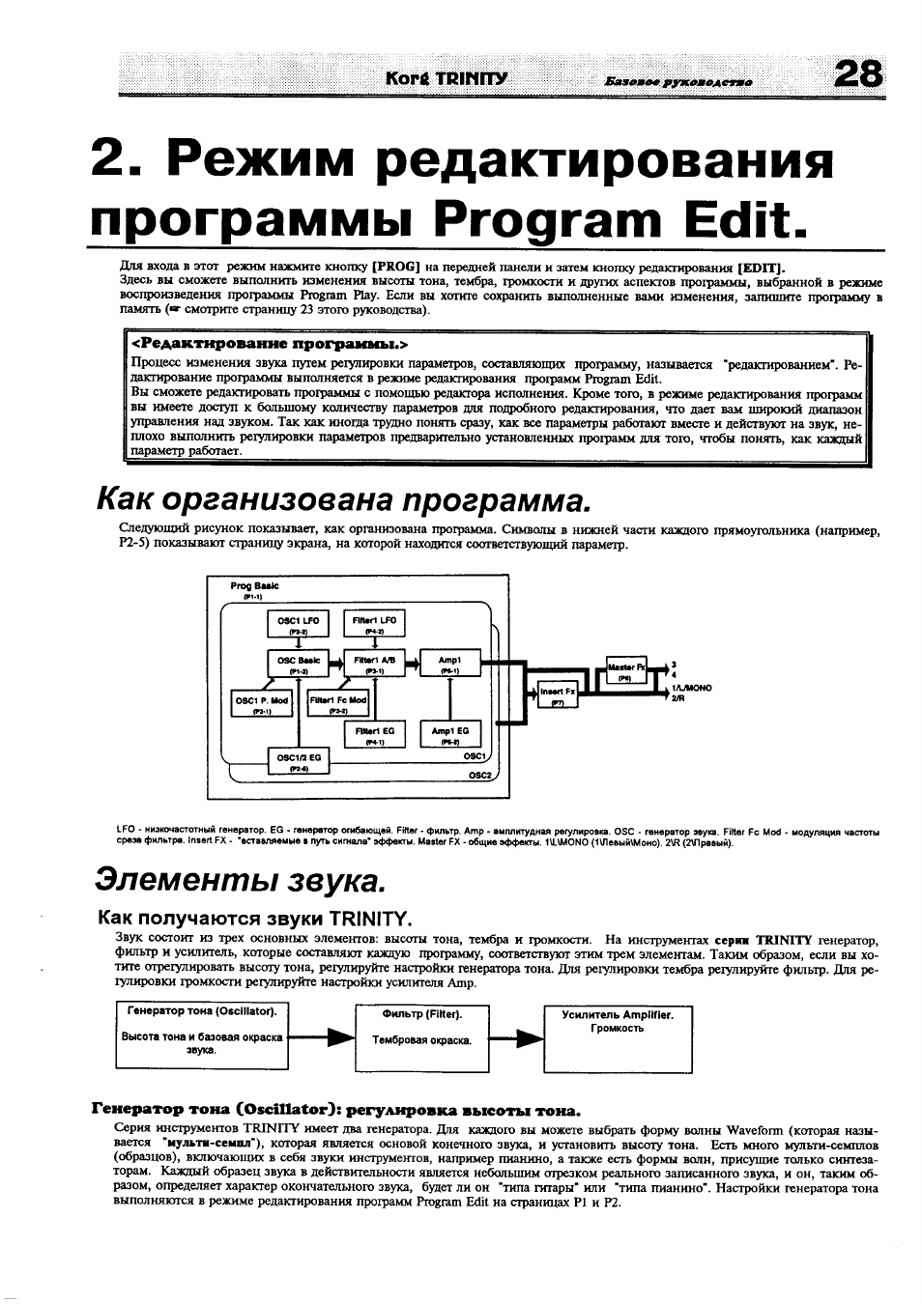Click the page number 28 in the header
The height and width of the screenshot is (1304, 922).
click(x=857, y=74)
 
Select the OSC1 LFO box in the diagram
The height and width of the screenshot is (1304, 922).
click(x=298, y=625)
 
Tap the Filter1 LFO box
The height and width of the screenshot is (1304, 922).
click(x=374, y=625)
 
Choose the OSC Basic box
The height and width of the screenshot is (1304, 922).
click(x=298, y=665)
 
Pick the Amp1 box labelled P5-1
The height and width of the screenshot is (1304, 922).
click(x=449, y=665)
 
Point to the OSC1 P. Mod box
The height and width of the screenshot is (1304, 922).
click(x=262, y=704)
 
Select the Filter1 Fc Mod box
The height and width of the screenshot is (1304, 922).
click(x=337, y=704)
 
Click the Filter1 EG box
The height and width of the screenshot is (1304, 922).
click(x=374, y=735)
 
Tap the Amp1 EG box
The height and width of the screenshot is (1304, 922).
click(x=449, y=735)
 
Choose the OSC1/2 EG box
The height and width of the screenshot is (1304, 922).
click(x=298, y=762)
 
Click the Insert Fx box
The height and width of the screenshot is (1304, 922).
click(x=557, y=695)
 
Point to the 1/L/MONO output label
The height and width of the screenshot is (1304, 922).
click(x=691, y=688)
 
